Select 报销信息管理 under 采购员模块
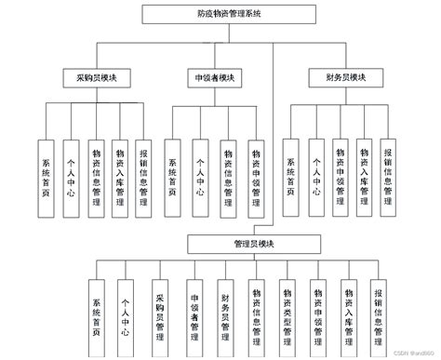(x=143, y=167)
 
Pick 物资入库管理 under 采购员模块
(x=119, y=167)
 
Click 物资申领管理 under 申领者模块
(x=256, y=167)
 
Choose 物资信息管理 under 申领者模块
(x=227, y=167)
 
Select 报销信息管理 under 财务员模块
(x=387, y=167)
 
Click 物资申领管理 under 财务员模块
(x=341, y=167)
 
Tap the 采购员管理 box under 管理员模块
(x=161, y=312)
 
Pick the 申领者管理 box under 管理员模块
(x=193, y=312)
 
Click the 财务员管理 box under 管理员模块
(x=224, y=312)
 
